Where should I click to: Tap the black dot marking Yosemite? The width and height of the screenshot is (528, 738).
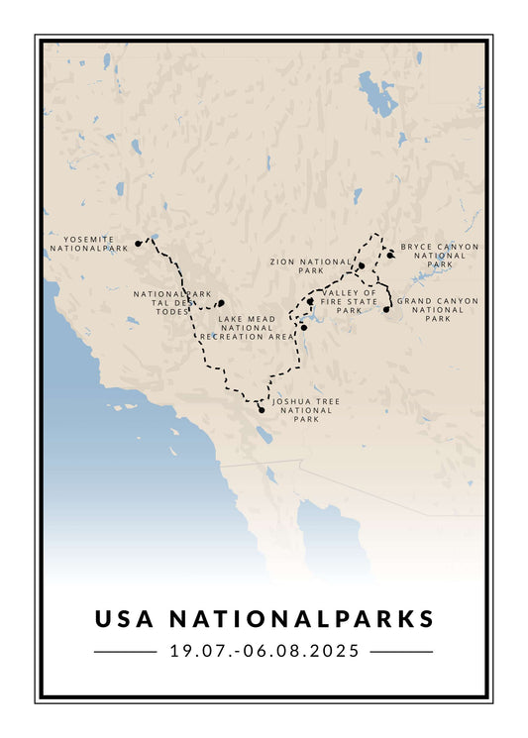(x=139, y=244)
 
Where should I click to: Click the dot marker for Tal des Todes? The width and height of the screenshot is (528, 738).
(x=221, y=303)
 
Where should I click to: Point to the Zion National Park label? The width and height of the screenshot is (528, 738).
(x=310, y=265)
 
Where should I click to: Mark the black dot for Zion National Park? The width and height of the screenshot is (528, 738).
(x=362, y=265)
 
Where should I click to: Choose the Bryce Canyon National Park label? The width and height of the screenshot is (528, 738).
(x=439, y=256)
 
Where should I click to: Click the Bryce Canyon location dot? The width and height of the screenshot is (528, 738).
(x=391, y=256)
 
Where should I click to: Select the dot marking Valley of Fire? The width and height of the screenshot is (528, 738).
(x=310, y=301)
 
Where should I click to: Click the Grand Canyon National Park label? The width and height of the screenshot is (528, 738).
(x=437, y=309)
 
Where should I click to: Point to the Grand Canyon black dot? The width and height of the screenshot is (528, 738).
(x=386, y=310)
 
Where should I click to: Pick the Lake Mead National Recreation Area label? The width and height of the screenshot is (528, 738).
(x=247, y=328)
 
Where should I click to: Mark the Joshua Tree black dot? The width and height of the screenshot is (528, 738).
(x=261, y=409)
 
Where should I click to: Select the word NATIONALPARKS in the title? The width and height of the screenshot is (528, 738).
(x=301, y=619)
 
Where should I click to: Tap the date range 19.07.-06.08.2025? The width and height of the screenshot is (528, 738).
(x=264, y=652)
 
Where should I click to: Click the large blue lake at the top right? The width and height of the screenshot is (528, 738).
(x=376, y=92)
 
